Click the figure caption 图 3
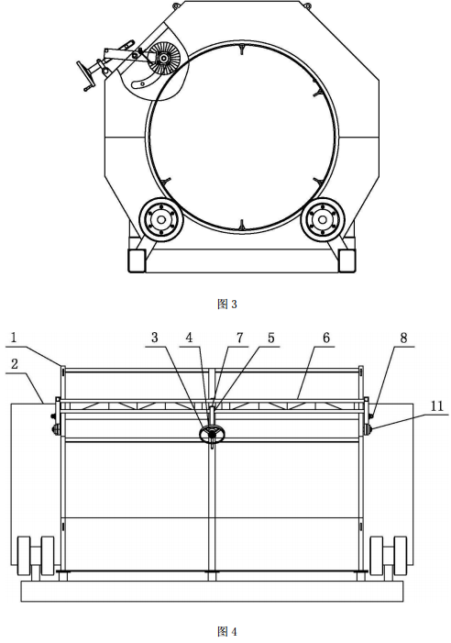tap(226, 304)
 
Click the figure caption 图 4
tap(226, 631)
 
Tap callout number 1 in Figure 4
tap(14, 338)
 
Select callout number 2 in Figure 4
tap(15, 363)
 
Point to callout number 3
tap(154, 338)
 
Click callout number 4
tap(189, 338)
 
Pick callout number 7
tap(239, 338)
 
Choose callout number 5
tap(270, 338)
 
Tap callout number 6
tap(325, 338)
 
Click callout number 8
tap(403, 338)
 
